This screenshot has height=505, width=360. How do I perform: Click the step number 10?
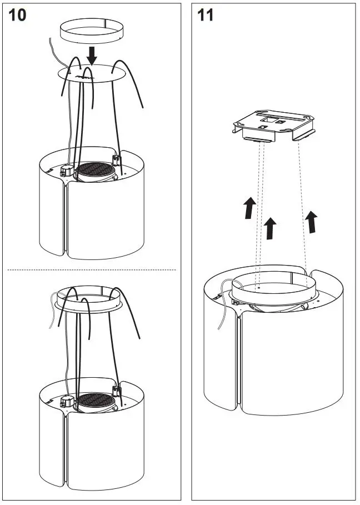point(17,15)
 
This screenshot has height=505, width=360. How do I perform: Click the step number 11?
point(205,15)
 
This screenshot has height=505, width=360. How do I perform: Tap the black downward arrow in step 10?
point(93,55)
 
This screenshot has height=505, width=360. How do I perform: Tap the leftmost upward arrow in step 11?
point(250,208)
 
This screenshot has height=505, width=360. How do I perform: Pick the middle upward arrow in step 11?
point(270,228)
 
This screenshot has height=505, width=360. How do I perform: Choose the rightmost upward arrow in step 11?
point(312,221)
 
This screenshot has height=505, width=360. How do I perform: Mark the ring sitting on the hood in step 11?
point(273,289)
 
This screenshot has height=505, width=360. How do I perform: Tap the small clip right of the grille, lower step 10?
point(117,391)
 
